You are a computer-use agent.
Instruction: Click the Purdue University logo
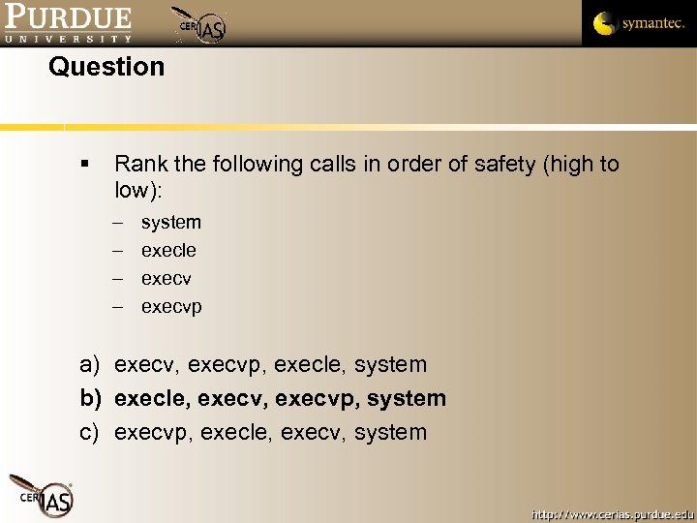(x=67, y=23)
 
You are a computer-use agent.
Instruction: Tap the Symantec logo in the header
(x=638, y=23)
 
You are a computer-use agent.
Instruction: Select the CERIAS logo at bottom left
(x=41, y=495)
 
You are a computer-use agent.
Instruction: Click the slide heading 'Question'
(x=106, y=67)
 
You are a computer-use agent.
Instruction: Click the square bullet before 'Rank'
(x=87, y=165)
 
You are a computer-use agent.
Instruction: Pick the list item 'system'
(x=171, y=222)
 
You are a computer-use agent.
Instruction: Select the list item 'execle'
(x=168, y=250)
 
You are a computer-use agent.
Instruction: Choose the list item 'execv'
(x=167, y=279)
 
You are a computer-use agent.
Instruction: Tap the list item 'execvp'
(x=171, y=307)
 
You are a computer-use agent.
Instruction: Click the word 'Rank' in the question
(x=141, y=164)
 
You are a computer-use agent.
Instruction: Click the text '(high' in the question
(x=568, y=164)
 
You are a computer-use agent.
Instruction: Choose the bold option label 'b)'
(x=90, y=398)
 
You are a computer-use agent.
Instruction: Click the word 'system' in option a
(x=390, y=364)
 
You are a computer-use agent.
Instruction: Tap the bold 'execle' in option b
(x=145, y=398)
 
